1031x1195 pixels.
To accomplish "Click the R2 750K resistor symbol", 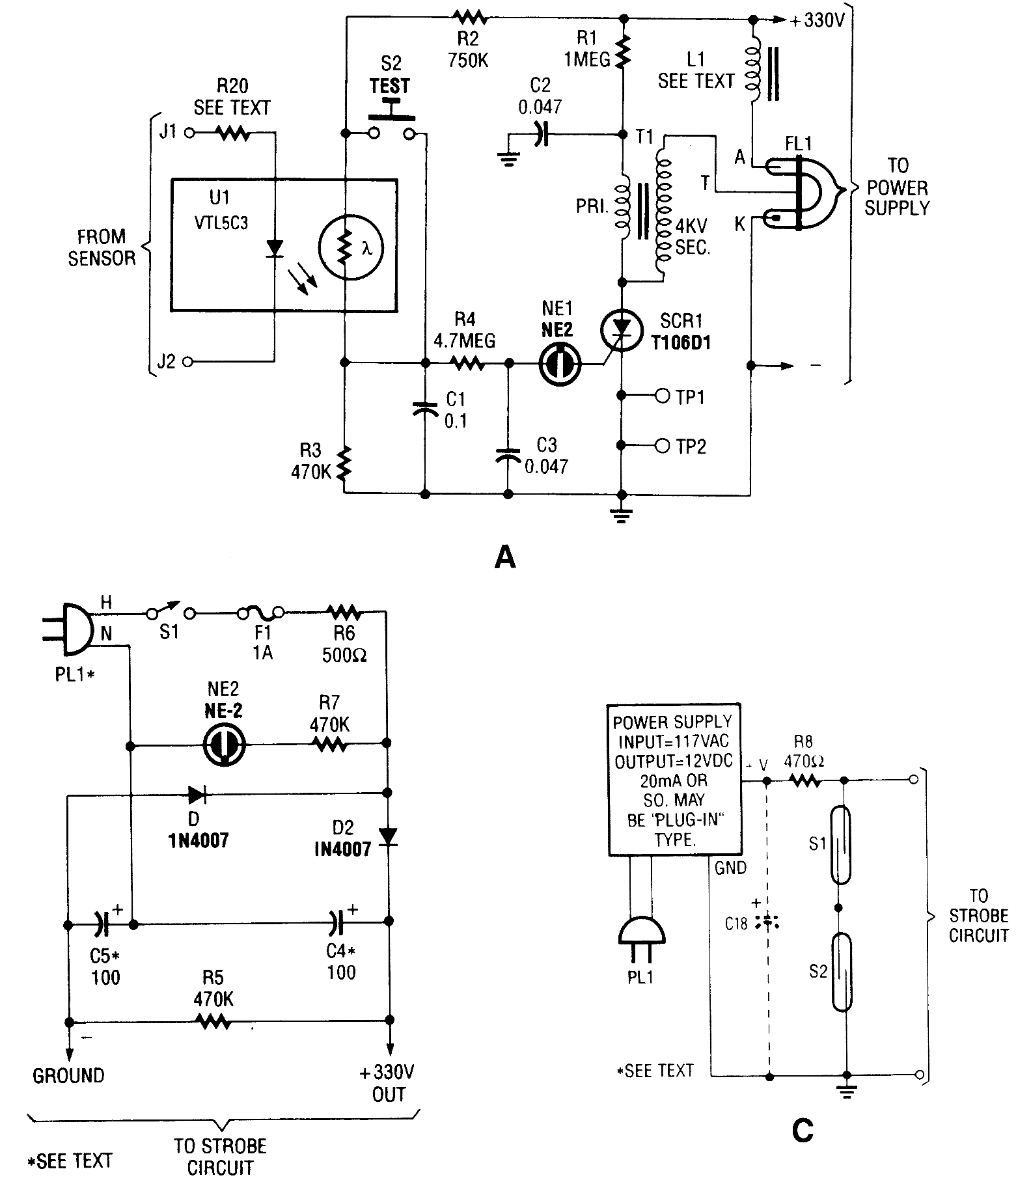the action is click(x=469, y=16).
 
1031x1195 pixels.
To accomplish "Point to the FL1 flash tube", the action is click(x=804, y=191).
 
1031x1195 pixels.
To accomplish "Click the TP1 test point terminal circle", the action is click(x=663, y=395).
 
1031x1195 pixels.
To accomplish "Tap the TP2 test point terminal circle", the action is click(x=663, y=446).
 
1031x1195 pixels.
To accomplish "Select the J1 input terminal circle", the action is click(x=189, y=133).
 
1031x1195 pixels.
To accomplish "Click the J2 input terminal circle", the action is click(x=188, y=362).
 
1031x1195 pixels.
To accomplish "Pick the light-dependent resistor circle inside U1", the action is click(x=351, y=247).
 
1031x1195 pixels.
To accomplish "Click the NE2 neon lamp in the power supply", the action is click(x=224, y=744).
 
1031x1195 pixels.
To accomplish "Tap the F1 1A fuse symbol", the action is click(x=260, y=612).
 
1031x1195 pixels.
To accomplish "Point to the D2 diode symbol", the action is click(x=389, y=836).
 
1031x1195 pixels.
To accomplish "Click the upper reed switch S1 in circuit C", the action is click(x=841, y=845).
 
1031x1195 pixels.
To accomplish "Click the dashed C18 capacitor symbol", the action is click(x=769, y=922).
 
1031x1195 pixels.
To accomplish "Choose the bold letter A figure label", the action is click(x=505, y=558).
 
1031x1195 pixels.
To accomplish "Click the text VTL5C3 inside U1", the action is click(x=221, y=223).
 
